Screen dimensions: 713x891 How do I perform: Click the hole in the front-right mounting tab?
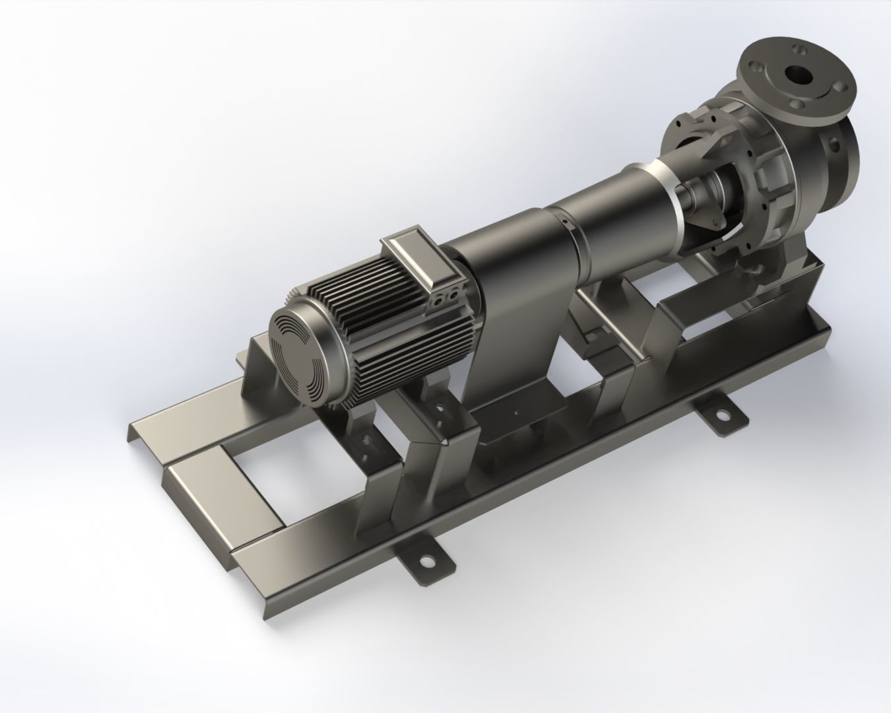tap(724, 415)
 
